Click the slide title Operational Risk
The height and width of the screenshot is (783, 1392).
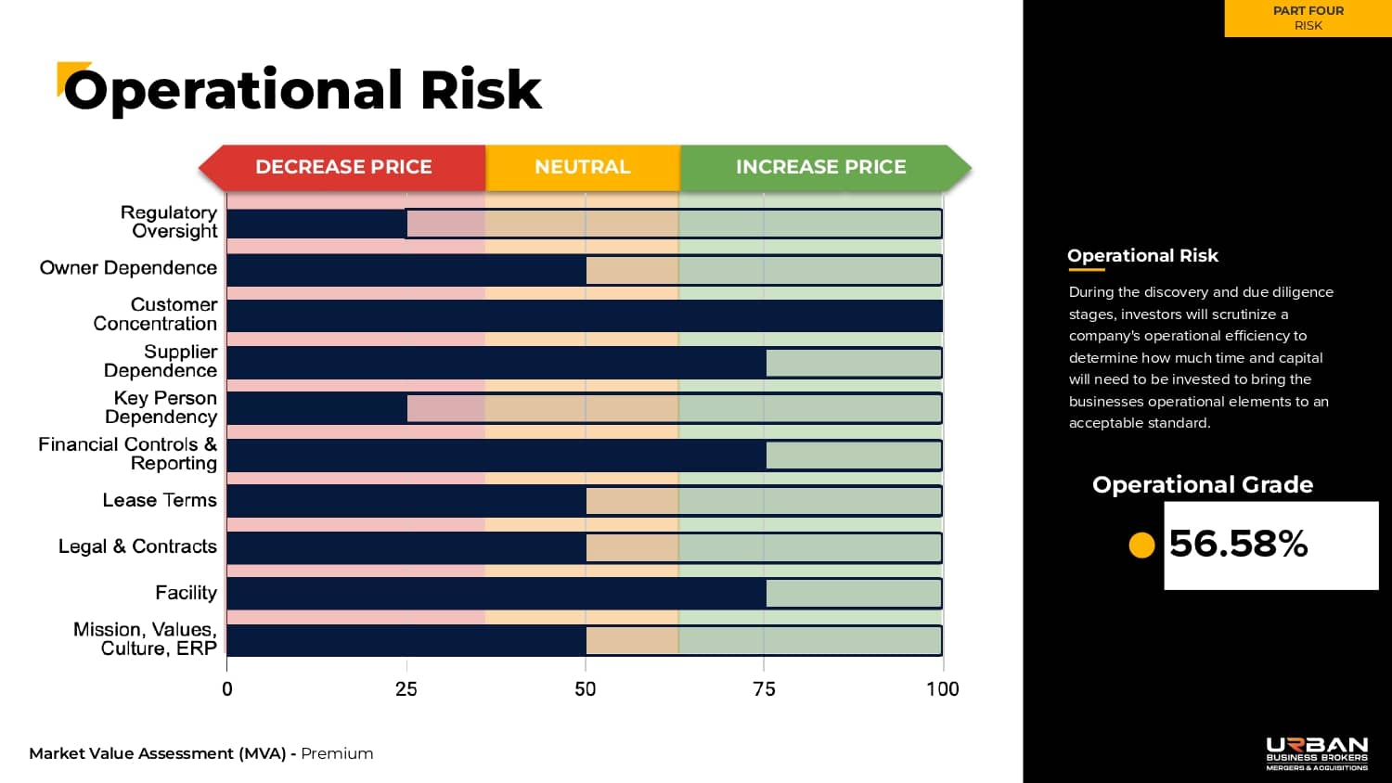click(x=302, y=90)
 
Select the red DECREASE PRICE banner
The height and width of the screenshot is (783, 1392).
click(x=343, y=167)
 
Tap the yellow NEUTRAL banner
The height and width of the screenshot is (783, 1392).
click(x=583, y=167)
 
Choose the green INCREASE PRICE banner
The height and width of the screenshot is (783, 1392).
click(x=821, y=167)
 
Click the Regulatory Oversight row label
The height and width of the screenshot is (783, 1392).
click(x=170, y=222)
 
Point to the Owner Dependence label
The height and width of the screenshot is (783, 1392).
click(x=128, y=268)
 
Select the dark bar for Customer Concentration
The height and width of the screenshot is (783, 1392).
click(x=585, y=315)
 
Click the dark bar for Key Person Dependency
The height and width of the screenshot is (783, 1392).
click(x=316, y=408)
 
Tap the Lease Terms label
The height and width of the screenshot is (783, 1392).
click(x=160, y=500)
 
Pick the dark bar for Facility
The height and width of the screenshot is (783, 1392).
click(x=496, y=593)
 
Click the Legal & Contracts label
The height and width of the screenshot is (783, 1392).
click(x=137, y=546)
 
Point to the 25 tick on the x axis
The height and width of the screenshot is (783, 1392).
click(x=406, y=688)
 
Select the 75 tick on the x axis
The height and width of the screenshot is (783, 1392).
click(x=764, y=688)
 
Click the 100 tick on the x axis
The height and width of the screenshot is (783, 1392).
click(x=943, y=688)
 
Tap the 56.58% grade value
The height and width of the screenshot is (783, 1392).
click(x=1239, y=544)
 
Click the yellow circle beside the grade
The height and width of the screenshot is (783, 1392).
click(x=1141, y=545)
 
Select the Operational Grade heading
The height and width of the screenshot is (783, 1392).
click(x=1203, y=484)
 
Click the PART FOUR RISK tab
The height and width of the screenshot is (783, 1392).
click(x=1308, y=19)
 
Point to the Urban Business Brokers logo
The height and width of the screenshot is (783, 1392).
click(x=1317, y=753)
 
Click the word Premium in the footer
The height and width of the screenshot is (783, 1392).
click(x=337, y=753)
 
